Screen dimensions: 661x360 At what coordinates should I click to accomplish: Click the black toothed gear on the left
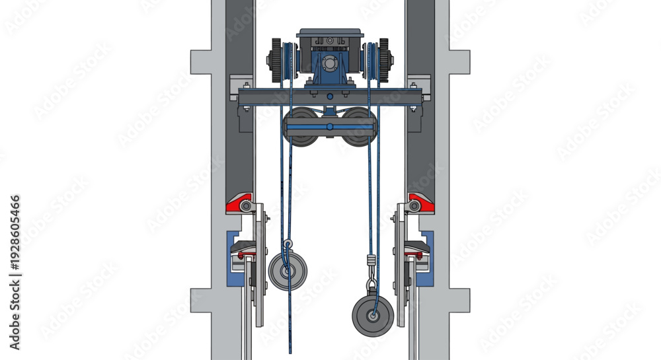pos(276,60)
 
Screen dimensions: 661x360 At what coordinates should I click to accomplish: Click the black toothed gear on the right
pos(383,60)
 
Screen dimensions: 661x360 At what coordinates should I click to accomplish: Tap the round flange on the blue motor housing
pos(329,64)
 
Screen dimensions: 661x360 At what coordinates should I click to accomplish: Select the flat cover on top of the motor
pos(330,33)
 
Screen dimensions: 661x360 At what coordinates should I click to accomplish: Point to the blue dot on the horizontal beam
pos(330,97)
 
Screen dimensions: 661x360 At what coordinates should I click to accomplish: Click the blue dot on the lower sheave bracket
pos(330,126)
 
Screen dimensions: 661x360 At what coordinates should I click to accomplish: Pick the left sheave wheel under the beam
pos(301,126)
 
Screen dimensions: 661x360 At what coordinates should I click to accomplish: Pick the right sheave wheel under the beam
pos(358,126)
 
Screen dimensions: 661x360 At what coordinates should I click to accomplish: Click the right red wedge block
pos(421,203)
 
